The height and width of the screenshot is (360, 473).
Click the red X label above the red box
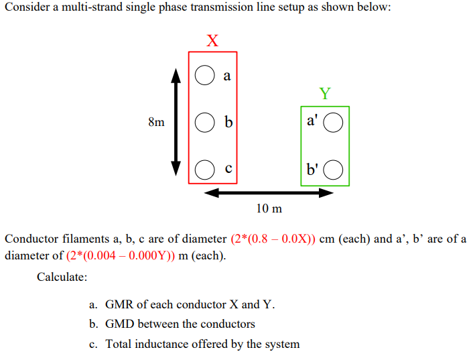pyautogui.click(x=212, y=40)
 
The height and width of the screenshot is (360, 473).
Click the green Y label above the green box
pyautogui.click(x=325, y=93)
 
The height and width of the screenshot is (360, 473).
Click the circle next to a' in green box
pyautogui.click(x=334, y=123)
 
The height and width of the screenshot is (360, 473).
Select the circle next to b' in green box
pyautogui.click(x=334, y=170)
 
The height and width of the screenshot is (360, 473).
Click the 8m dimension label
pyautogui.click(x=155, y=123)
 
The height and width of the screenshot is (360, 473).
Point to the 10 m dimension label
pyautogui.click(x=269, y=208)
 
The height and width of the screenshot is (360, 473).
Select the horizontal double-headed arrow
pyautogui.click(x=268, y=193)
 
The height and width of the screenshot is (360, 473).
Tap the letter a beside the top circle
pyautogui.click(x=226, y=76)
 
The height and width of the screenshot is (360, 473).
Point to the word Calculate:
pyautogui.click(x=62, y=276)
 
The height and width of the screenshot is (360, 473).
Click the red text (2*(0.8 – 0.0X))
pyautogui.click(x=273, y=239)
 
